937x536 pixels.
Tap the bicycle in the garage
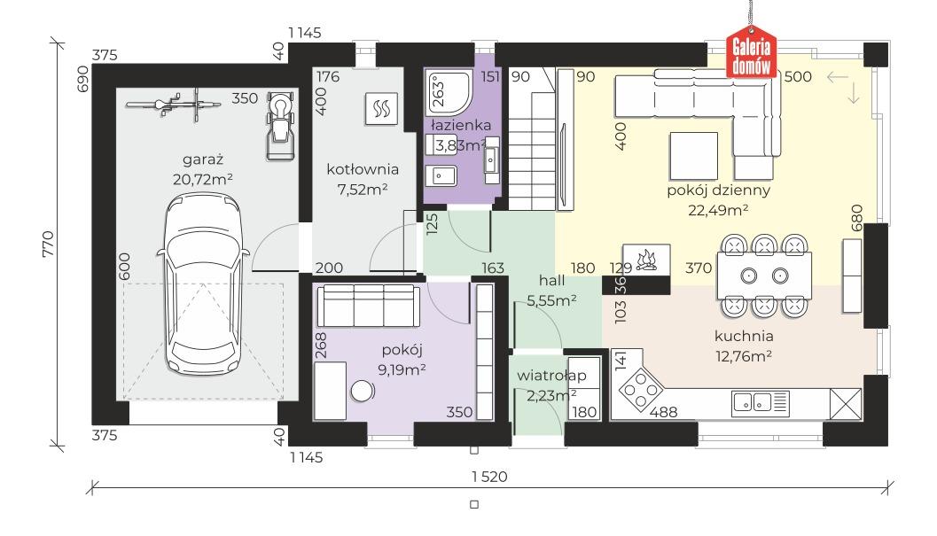[173, 105]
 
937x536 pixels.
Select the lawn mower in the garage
[280, 126]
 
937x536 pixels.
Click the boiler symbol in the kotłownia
[381, 109]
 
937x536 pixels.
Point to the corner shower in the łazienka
[449, 93]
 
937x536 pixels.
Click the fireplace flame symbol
[646, 260]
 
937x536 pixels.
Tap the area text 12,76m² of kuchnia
[744, 356]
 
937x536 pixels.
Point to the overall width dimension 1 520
[489, 477]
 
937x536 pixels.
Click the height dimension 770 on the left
[48, 244]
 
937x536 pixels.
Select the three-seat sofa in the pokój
[368, 306]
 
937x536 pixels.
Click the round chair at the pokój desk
[363, 392]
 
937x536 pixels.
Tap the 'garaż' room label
[203, 160]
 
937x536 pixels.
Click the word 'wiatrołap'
[551, 376]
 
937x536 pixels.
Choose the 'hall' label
[551, 280]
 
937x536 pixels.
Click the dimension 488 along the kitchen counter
[663, 412]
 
